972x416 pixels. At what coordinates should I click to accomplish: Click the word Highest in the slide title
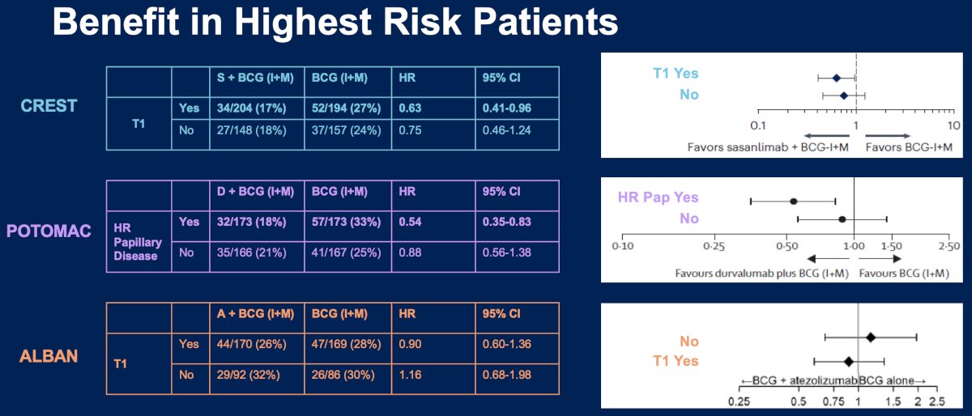point(303,23)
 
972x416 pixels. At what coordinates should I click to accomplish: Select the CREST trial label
point(49,106)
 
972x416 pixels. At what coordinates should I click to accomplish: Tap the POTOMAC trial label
point(49,231)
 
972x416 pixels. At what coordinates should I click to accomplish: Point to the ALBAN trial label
point(49,356)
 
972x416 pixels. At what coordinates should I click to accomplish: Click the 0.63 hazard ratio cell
point(410,108)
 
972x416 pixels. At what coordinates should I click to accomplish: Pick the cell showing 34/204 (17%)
point(251,108)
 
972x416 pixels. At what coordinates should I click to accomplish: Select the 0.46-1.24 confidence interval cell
point(507,130)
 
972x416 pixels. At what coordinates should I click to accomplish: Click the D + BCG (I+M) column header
point(255,191)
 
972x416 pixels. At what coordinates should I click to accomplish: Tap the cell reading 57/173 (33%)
point(346,222)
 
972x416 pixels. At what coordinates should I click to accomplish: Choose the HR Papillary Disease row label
point(137,242)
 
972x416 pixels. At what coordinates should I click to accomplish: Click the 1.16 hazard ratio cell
point(410,375)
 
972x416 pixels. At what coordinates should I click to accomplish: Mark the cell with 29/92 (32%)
point(248,375)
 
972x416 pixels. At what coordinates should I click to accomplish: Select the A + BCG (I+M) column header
point(255,314)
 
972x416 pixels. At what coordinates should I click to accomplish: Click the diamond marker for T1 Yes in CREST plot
point(836,78)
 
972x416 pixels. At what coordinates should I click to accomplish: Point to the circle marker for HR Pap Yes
point(793,202)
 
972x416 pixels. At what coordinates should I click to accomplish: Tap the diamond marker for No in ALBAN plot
point(870,337)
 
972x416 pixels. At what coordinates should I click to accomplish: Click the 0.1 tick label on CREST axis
point(758,125)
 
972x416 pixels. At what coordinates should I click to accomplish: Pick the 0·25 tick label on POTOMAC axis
point(714,246)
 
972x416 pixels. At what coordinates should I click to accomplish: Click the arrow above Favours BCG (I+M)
point(880,259)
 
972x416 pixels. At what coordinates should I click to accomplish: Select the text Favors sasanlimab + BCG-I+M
point(768,147)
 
